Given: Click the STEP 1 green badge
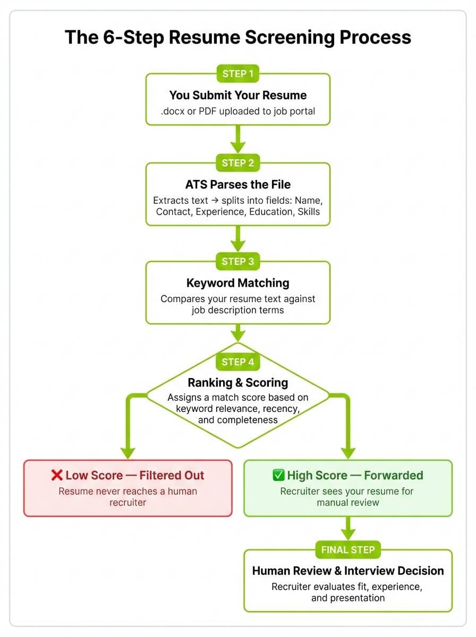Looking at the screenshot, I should (237, 74).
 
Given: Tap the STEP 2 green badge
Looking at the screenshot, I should (237, 163).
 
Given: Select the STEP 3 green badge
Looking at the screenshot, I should (237, 261).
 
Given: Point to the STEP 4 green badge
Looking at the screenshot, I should (237, 362).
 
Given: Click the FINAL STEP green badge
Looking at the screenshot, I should (347, 550).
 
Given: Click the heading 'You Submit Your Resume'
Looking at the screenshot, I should (237, 96).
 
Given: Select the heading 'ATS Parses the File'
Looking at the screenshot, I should (237, 185).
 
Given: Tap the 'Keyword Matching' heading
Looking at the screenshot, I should (237, 283).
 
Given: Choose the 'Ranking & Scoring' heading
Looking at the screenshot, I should (237, 383).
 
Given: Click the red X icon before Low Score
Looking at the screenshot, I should (57, 475).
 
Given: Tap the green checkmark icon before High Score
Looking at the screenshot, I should (278, 475).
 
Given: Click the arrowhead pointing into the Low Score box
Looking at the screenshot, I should (127, 452).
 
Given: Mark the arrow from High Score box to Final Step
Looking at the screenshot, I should (347, 529).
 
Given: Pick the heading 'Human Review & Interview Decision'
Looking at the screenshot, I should (347, 571).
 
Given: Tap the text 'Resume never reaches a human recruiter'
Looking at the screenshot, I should (127, 496).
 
